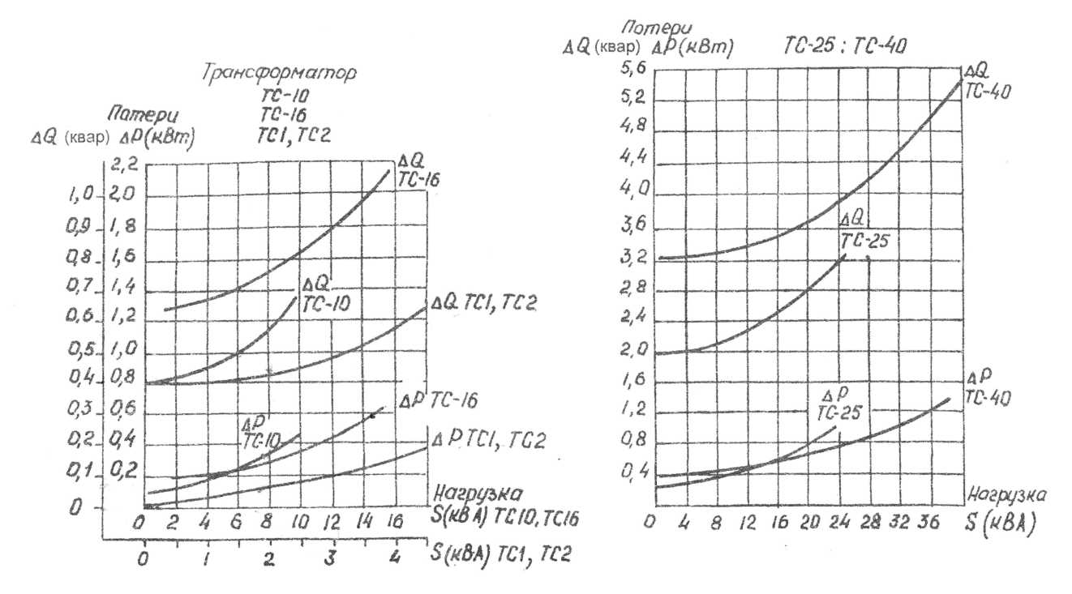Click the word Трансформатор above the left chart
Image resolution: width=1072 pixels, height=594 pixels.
point(279,72)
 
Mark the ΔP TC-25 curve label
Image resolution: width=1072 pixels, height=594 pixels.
point(837,404)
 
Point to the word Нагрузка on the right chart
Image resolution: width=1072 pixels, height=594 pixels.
point(1006,494)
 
